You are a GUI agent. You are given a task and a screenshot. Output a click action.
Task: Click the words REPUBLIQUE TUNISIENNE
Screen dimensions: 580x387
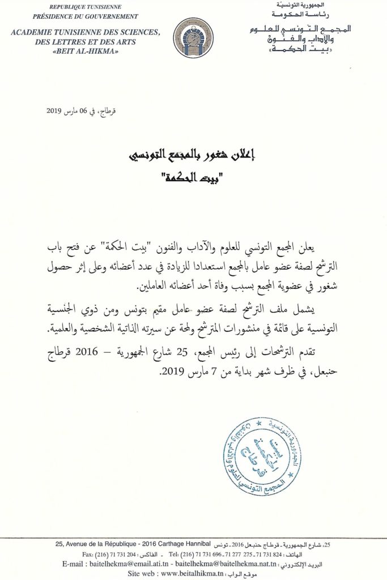pos(87,7)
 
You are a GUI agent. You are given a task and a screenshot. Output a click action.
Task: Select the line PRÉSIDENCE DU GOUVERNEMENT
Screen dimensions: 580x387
pos(87,16)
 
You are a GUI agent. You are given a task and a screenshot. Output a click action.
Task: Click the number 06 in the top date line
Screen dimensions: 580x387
pos(77,111)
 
